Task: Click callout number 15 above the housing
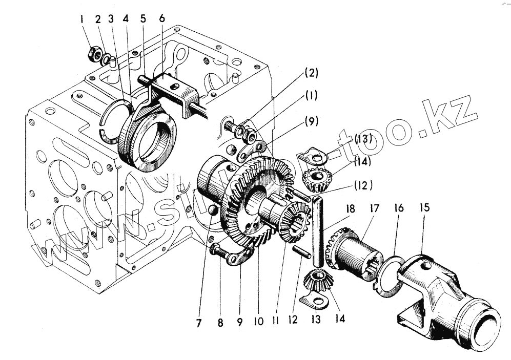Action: [424, 209]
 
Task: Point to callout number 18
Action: [350, 209]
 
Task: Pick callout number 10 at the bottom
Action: [258, 322]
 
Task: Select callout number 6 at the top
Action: [162, 18]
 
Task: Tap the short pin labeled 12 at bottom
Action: [301, 252]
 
